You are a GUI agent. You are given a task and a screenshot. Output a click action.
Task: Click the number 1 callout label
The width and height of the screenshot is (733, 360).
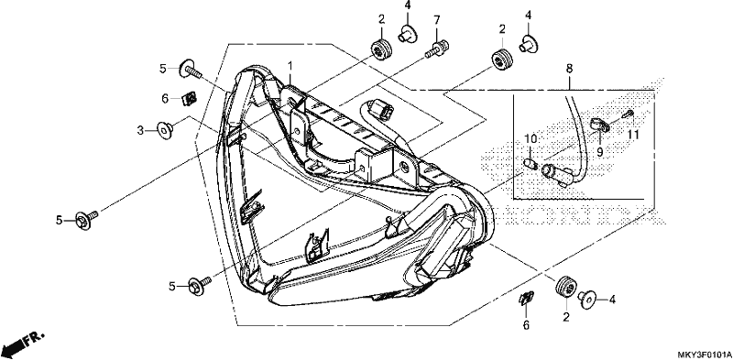(x=290, y=65)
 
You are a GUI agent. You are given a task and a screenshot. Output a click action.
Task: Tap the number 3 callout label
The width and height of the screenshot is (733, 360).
(x=140, y=130)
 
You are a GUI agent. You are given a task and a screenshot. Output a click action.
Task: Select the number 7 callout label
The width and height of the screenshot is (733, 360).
(x=437, y=19)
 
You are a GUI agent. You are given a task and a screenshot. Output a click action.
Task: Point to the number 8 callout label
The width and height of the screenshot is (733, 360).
(x=569, y=69)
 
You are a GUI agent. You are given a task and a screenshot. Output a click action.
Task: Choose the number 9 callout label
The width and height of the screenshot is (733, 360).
(x=600, y=151)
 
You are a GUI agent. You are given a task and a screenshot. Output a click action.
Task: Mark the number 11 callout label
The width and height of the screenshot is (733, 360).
(x=633, y=135)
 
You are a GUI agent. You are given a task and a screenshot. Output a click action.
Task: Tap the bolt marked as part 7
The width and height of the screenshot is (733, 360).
(x=437, y=49)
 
